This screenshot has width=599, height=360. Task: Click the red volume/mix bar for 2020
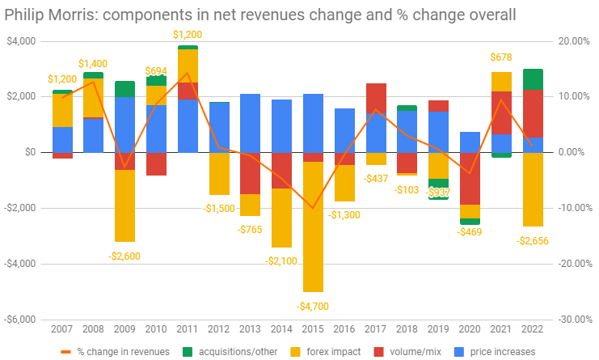470,179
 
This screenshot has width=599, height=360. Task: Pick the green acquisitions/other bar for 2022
533,79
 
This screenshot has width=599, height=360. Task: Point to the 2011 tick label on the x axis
188,329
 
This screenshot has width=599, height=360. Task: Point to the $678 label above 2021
501,57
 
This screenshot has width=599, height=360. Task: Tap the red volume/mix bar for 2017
376,99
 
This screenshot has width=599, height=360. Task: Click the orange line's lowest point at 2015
313,208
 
